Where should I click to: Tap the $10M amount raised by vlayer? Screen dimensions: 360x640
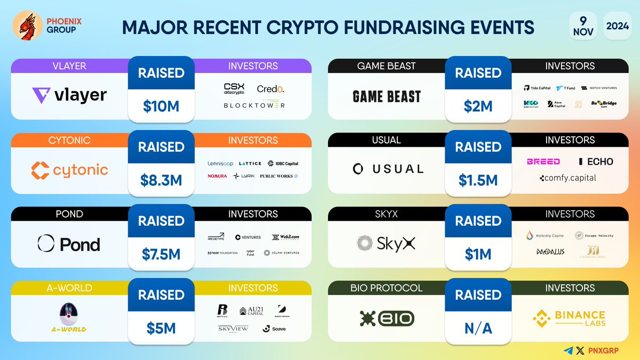coord(161,106)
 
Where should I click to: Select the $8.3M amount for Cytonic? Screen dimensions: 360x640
coord(161,180)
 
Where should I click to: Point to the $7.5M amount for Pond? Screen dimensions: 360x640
coord(161,254)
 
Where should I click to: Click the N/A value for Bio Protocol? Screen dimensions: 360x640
coord(478,329)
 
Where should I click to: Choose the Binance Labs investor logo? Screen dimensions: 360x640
coord(569,319)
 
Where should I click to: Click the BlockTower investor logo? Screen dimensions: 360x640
coord(254,106)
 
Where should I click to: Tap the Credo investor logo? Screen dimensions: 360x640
coord(270,89)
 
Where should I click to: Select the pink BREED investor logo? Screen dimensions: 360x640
coord(543,162)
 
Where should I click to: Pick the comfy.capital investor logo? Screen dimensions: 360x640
coord(567,178)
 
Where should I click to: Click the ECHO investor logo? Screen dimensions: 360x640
coord(596,162)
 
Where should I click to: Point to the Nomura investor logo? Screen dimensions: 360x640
coord(218,176)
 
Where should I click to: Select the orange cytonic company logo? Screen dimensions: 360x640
coord(69,171)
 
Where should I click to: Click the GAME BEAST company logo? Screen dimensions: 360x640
coord(387,97)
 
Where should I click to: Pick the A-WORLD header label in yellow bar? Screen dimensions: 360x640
coord(69,288)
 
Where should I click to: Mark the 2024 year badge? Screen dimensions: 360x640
coord(617,25)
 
